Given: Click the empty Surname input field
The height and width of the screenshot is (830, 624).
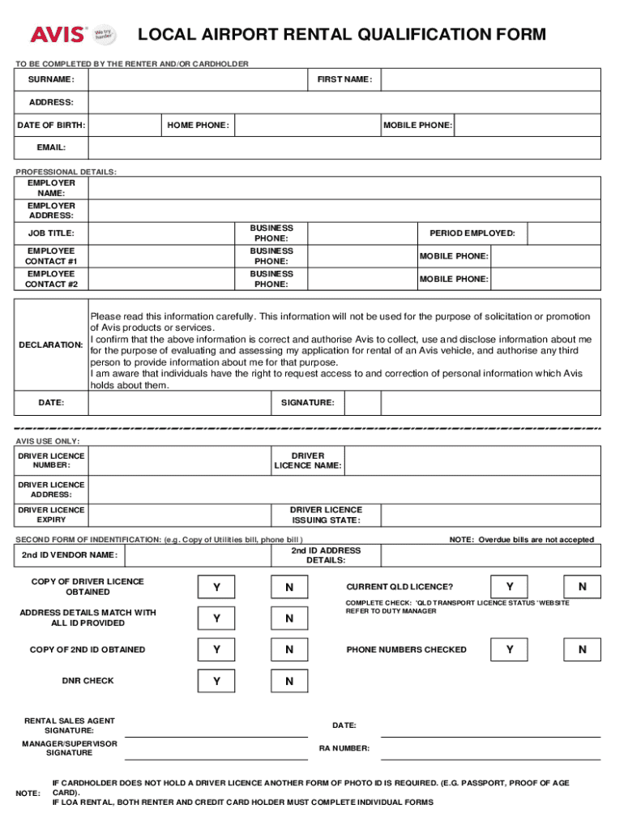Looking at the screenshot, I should pos(198,79).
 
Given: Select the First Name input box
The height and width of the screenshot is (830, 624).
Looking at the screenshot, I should pos(490,79).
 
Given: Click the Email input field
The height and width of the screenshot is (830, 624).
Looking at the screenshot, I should pos(344,148).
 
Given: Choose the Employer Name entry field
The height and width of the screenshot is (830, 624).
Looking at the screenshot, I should pos(344,188).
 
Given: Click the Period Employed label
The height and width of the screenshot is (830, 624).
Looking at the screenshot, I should pos(472,233).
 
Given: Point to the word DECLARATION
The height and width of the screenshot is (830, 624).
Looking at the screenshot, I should pos(50,345).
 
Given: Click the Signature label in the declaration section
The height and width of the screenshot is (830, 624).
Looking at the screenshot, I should pos(307,403).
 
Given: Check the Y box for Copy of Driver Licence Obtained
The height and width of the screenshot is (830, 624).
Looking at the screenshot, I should pos(216,587).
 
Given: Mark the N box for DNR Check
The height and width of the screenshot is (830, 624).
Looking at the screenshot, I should pos(289,682).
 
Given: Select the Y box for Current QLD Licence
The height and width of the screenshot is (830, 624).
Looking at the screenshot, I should pos(509,587).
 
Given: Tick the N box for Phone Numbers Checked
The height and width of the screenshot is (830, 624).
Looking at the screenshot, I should pos(582,649).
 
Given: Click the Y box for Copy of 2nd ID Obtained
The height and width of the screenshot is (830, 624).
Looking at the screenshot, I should pos(216,649).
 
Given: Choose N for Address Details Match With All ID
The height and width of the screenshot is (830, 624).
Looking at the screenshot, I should pos(289,618).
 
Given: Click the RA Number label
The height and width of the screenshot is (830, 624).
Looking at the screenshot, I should pos(344,748).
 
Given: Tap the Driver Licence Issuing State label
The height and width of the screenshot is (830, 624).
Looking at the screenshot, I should pos(327,516).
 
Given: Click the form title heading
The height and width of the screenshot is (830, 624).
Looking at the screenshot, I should pos(341,35).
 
